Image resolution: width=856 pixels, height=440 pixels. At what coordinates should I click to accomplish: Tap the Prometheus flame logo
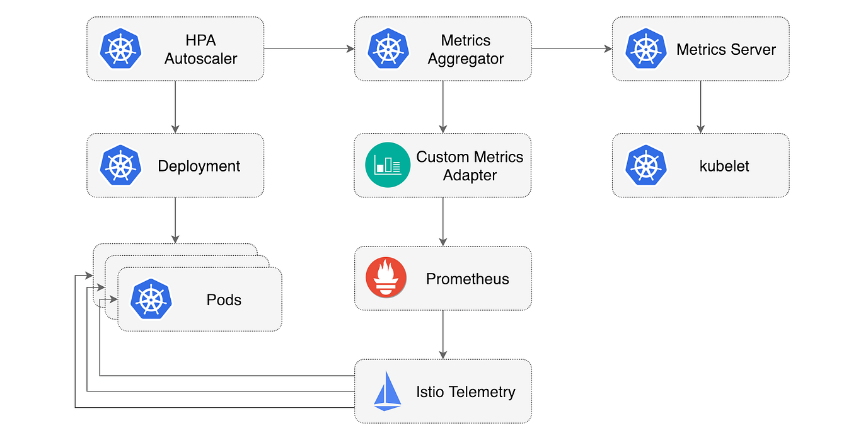tap(386, 278)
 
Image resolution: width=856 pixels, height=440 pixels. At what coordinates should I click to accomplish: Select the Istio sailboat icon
tap(387, 391)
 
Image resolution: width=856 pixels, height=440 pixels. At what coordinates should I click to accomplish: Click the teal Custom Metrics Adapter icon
tap(388, 165)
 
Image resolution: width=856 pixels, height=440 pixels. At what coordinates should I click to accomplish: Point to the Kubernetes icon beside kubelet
tap(646, 165)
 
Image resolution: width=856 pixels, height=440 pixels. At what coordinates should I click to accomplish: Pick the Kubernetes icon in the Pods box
tap(151, 299)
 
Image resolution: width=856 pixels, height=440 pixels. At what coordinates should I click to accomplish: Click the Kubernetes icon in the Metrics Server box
tap(646, 49)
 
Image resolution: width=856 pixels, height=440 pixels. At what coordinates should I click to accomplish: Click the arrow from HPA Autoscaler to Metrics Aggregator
tap(309, 49)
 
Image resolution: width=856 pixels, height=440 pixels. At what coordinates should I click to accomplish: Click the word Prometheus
tap(467, 279)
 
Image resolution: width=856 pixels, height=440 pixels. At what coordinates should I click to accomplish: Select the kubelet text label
tap(724, 166)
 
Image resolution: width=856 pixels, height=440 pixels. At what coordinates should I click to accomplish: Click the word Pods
tap(224, 299)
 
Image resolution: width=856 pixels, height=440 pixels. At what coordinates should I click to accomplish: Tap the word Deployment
tap(199, 166)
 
